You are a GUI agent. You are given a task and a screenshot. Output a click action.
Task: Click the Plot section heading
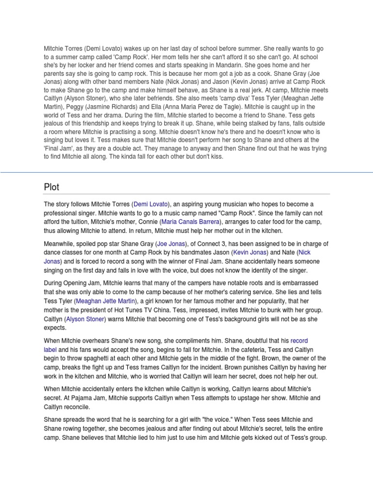51,187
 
